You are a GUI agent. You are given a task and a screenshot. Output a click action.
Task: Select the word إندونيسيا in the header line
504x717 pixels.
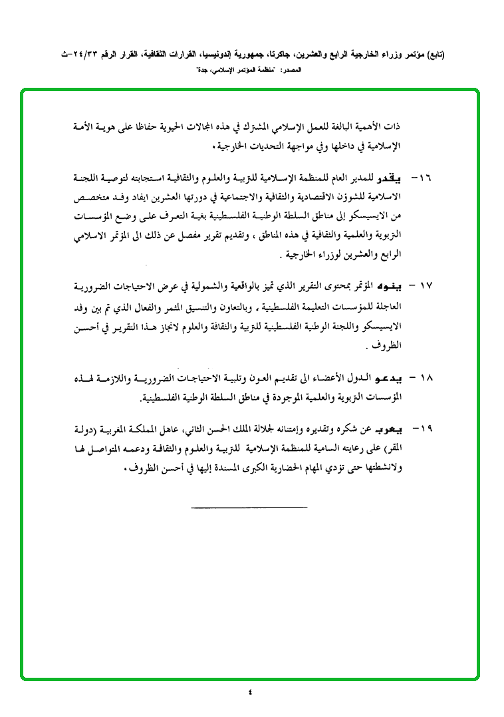(215, 57)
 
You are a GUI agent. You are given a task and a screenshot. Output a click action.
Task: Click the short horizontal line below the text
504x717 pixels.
(249, 509)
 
